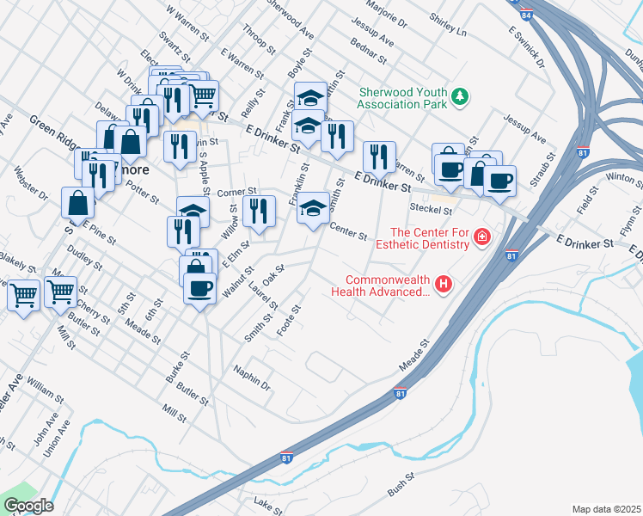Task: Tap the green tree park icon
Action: click(461, 96)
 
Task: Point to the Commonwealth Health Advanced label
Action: click(388, 286)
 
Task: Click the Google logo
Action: click(28, 506)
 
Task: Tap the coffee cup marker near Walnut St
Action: click(199, 287)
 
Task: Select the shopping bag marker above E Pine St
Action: click(77, 204)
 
